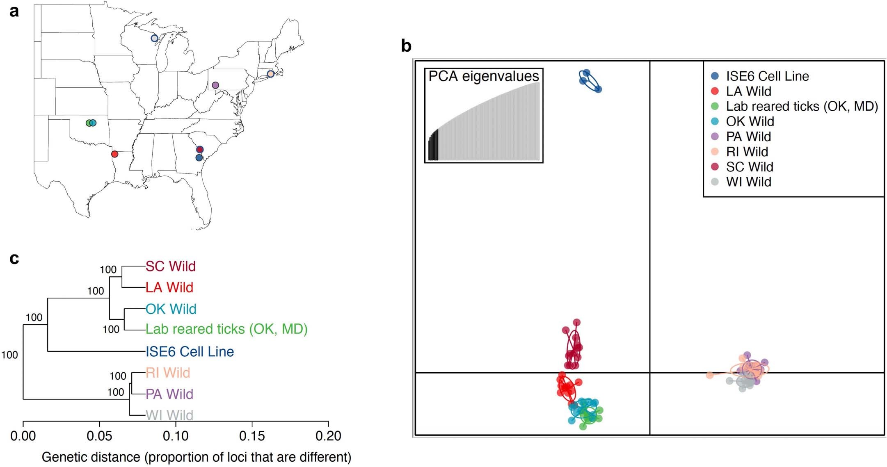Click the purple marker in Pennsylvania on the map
pyautogui.click(x=215, y=85)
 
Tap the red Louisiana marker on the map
pyautogui.click(x=115, y=154)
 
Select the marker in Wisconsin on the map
pyautogui.click(x=154, y=38)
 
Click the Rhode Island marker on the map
pyautogui.click(x=270, y=74)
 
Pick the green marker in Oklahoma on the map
pyautogui.click(x=89, y=123)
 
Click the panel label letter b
pyautogui.click(x=406, y=46)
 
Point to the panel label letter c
pyautogui.click(x=14, y=259)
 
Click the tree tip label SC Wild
pyautogui.click(x=171, y=266)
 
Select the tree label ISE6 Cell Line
pyautogui.click(x=190, y=351)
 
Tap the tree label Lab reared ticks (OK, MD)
pyautogui.click(x=226, y=329)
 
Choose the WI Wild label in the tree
pyautogui.click(x=169, y=415)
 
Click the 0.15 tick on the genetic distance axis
pyautogui.click(x=252, y=435)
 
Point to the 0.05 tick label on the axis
pyautogui.click(x=99, y=435)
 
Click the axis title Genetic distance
pyautogui.click(x=196, y=457)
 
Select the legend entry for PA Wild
pyautogui.click(x=748, y=137)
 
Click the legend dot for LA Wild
pyautogui.click(x=715, y=91)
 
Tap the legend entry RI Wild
pyautogui.click(x=747, y=152)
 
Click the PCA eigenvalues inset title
pyautogui.click(x=484, y=76)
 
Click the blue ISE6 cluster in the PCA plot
pyautogui.click(x=590, y=81)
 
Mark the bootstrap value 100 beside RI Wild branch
pyautogui.click(x=118, y=376)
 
